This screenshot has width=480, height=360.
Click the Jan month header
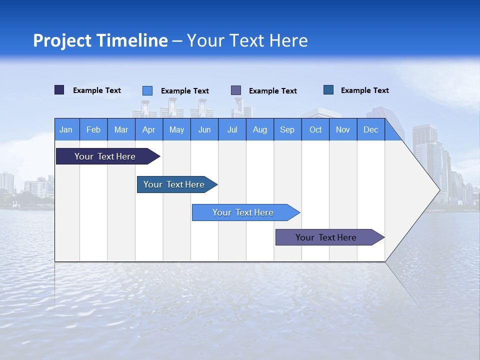point(66,129)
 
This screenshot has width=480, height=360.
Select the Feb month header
point(93,129)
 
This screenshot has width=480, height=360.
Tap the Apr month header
point(149,129)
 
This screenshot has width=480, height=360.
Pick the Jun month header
point(204,129)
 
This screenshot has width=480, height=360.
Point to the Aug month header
point(260,129)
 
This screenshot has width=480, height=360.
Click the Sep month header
point(287,129)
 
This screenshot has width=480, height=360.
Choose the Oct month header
point(315,129)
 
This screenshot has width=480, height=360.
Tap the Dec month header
point(371,129)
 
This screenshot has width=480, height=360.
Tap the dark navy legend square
point(59,90)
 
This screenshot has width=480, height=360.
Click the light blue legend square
point(147,90)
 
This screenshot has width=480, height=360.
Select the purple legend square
point(236,90)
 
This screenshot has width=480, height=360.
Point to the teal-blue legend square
point(328,90)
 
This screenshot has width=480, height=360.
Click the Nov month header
point(343,129)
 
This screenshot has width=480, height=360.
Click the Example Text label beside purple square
point(273,91)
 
